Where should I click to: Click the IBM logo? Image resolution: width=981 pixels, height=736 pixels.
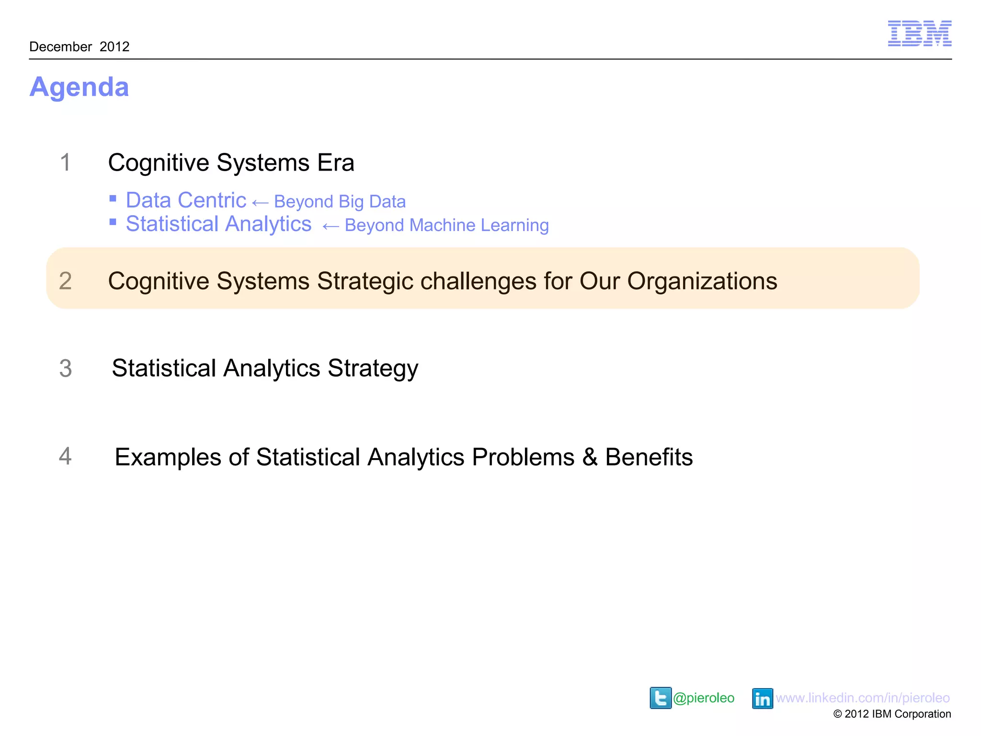pos(919,34)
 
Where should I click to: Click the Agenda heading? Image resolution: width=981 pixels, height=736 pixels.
pos(80,87)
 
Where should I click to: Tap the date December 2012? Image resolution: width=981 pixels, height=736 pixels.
pos(80,46)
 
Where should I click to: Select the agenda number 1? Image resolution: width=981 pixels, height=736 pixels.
pos(66,162)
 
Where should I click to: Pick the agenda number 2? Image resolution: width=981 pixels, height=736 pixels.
pos(65,281)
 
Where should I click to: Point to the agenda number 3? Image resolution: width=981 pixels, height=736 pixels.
pos(66,368)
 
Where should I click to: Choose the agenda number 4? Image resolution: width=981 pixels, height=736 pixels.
pos(65,456)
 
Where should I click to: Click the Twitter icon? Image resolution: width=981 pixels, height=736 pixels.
pos(660,698)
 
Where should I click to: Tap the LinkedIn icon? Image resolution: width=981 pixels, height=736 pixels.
pos(762,699)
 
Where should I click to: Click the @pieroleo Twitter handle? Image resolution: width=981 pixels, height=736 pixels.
pos(704,698)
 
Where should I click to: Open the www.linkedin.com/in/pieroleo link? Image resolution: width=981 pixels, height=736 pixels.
pos(863,698)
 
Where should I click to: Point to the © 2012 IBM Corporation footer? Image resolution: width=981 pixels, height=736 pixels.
pos(892,714)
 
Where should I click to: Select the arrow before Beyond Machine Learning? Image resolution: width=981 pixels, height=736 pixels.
pos(331,227)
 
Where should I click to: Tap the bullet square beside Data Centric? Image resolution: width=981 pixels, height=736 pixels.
pos(113,198)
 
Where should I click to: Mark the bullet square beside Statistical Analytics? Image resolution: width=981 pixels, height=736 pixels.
pos(113,222)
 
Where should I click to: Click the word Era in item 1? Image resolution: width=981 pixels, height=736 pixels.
pos(335,163)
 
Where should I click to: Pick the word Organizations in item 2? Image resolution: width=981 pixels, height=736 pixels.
pos(702,281)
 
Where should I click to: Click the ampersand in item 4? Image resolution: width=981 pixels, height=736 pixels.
pos(590,457)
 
